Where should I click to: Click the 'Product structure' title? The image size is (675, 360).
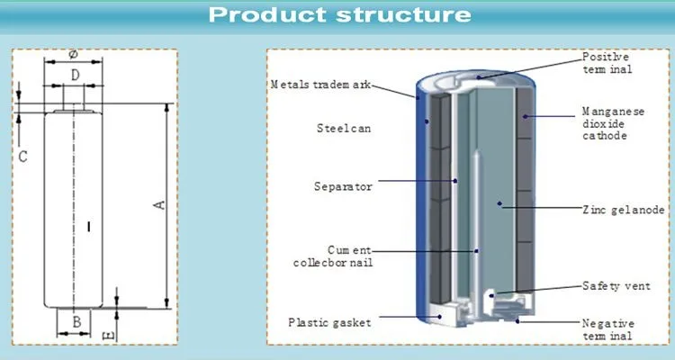[337, 15]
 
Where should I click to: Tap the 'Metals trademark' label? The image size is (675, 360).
[319, 85]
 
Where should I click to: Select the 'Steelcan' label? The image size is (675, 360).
[345, 129]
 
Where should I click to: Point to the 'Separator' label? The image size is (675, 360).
[343, 186]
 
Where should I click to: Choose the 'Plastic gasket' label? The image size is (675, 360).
[329, 321]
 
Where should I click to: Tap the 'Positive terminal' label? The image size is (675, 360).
[607, 62]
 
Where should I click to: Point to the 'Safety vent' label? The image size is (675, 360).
[613, 287]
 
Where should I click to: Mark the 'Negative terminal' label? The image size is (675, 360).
[608, 328]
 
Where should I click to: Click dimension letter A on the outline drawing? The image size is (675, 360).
[159, 205]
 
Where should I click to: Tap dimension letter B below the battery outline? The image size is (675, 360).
[77, 321]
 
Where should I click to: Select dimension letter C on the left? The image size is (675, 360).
[23, 157]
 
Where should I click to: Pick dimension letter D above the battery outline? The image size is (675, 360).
[76, 73]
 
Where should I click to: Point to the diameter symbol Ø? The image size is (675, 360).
[74, 53]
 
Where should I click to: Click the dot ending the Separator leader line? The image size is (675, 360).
[455, 181]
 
